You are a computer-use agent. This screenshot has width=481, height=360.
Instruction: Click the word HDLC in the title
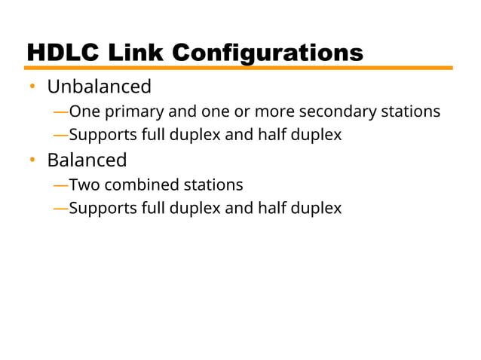64,53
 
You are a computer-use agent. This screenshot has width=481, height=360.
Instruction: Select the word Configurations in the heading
268,53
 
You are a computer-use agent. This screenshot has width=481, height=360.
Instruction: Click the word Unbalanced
99,87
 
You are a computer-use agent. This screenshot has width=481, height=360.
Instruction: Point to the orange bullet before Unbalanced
32,87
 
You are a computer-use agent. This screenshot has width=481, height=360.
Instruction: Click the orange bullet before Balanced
32,160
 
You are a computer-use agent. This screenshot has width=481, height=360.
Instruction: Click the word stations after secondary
411,111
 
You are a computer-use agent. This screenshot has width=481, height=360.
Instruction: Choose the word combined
136,185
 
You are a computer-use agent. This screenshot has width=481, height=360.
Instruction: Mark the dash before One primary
60,111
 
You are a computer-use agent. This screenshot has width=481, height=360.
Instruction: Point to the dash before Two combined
60,185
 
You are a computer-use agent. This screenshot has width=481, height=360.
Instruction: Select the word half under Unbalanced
268,136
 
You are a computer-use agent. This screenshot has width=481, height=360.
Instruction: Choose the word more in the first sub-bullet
274,111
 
